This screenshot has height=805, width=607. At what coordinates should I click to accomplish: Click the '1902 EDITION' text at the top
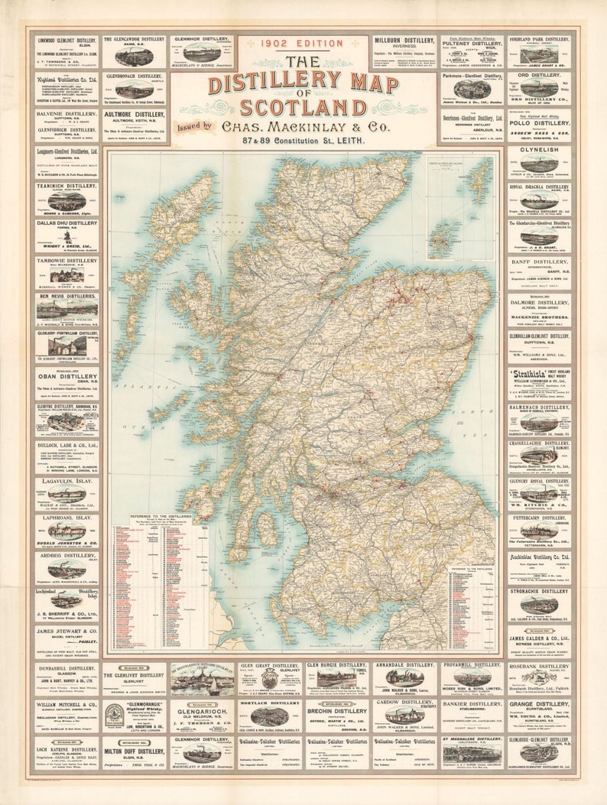303,44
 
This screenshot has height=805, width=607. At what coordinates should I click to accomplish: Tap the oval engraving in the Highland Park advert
540,54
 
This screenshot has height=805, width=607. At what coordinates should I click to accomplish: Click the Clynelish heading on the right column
539,151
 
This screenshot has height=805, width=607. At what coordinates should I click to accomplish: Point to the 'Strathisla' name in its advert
528,375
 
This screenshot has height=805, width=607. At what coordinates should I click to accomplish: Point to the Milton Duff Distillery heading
135,751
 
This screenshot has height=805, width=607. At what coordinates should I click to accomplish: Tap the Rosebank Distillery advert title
539,666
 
